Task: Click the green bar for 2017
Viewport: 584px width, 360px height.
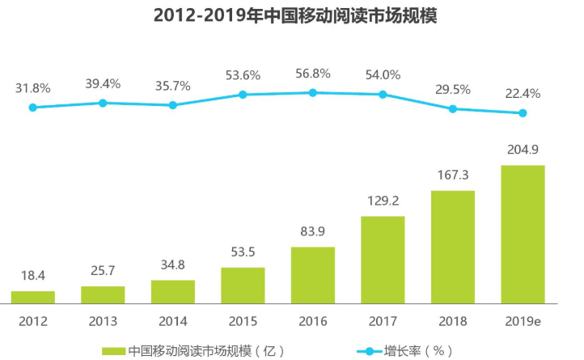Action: click(383, 260)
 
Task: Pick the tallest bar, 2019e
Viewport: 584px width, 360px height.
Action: click(523, 235)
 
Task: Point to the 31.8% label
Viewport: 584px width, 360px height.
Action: click(32, 87)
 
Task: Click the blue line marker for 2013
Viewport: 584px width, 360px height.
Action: click(103, 103)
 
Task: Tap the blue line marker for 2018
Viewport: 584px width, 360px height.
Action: click(453, 108)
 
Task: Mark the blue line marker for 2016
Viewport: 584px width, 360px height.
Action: click(313, 93)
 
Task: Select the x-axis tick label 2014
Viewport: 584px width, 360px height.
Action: click(172, 321)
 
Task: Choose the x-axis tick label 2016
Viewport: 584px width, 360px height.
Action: click(313, 321)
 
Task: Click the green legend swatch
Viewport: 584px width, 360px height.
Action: click(112, 350)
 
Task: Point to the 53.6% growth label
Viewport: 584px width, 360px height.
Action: click(243, 75)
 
